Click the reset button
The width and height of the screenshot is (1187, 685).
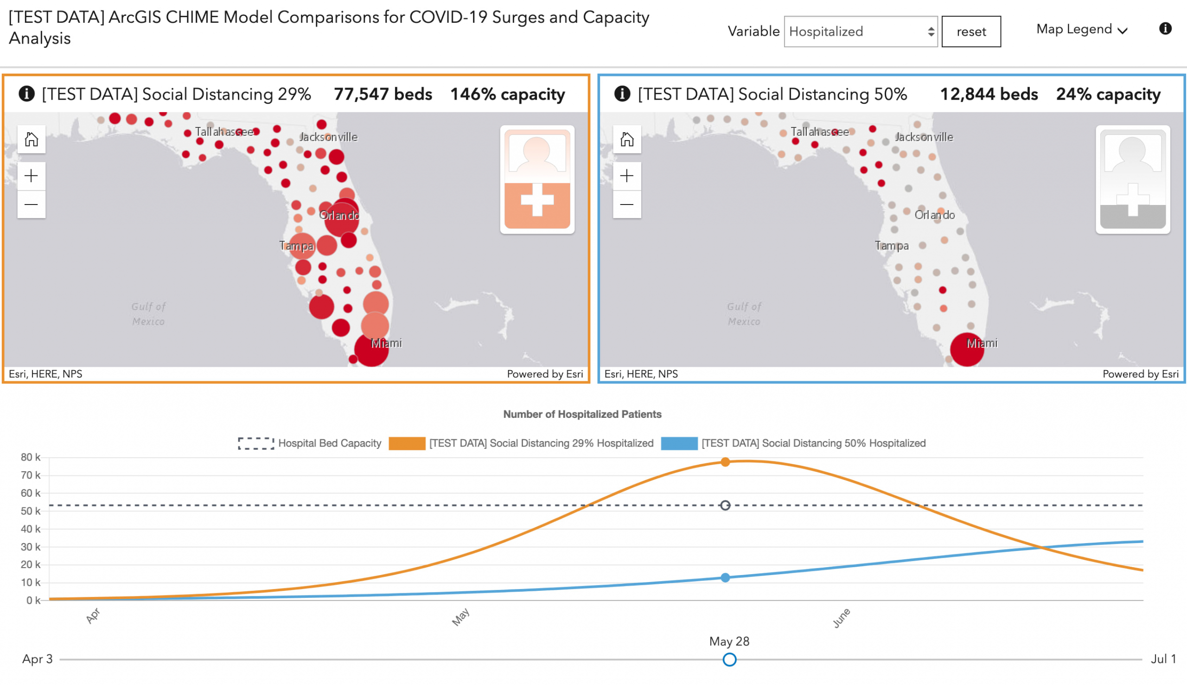[970, 32]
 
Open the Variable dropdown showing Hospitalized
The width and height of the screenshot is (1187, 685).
[860, 32]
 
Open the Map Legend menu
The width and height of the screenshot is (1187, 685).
[1081, 30]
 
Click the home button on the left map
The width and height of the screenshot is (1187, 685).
[32, 139]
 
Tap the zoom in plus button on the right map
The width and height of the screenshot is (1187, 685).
[626, 176]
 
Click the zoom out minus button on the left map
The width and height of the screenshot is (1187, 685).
[32, 204]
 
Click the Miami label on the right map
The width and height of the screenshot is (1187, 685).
[982, 343]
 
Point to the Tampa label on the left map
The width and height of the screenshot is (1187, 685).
[296, 246]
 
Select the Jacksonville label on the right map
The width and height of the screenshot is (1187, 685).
[924, 137]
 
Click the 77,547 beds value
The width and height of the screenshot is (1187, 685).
[383, 94]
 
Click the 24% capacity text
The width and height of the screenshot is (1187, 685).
[1108, 94]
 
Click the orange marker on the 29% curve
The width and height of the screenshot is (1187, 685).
[725, 462]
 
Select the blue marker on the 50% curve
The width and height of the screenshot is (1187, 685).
[725, 577]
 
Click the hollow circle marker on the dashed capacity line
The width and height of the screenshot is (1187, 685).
[725, 505]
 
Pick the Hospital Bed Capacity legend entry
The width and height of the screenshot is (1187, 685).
[310, 443]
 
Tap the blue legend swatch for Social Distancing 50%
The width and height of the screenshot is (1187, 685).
[679, 443]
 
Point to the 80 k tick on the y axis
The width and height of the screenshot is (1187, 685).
[30, 457]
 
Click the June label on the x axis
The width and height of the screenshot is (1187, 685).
[842, 618]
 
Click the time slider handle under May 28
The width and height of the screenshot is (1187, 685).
[729, 659]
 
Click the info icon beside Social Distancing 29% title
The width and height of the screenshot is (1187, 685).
[27, 94]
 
